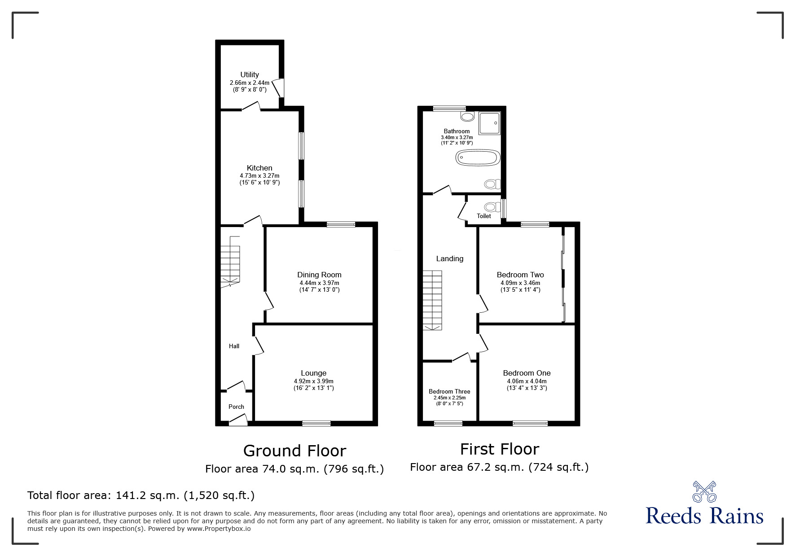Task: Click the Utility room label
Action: (x=250, y=75)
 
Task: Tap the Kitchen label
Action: (x=259, y=168)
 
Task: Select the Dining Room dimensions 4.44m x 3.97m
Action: (x=319, y=283)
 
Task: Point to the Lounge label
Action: (x=313, y=373)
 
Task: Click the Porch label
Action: (x=236, y=407)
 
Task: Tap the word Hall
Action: (x=234, y=346)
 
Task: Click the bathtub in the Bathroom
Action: (x=477, y=158)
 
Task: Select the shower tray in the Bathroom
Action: (x=489, y=123)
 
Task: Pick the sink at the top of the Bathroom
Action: (x=467, y=117)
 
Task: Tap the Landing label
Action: (x=449, y=259)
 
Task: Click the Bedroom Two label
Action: (x=520, y=275)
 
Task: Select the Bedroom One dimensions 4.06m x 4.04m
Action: (x=527, y=381)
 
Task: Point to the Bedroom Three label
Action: (x=449, y=392)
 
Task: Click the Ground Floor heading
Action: (x=294, y=451)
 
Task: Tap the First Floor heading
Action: (x=499, y=449)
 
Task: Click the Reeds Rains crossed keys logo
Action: (x=704, y=492)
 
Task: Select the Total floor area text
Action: (x=141, y=496)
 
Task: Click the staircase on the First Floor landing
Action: (x=432, y=300)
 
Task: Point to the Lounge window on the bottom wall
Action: (x=316, y=423)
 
